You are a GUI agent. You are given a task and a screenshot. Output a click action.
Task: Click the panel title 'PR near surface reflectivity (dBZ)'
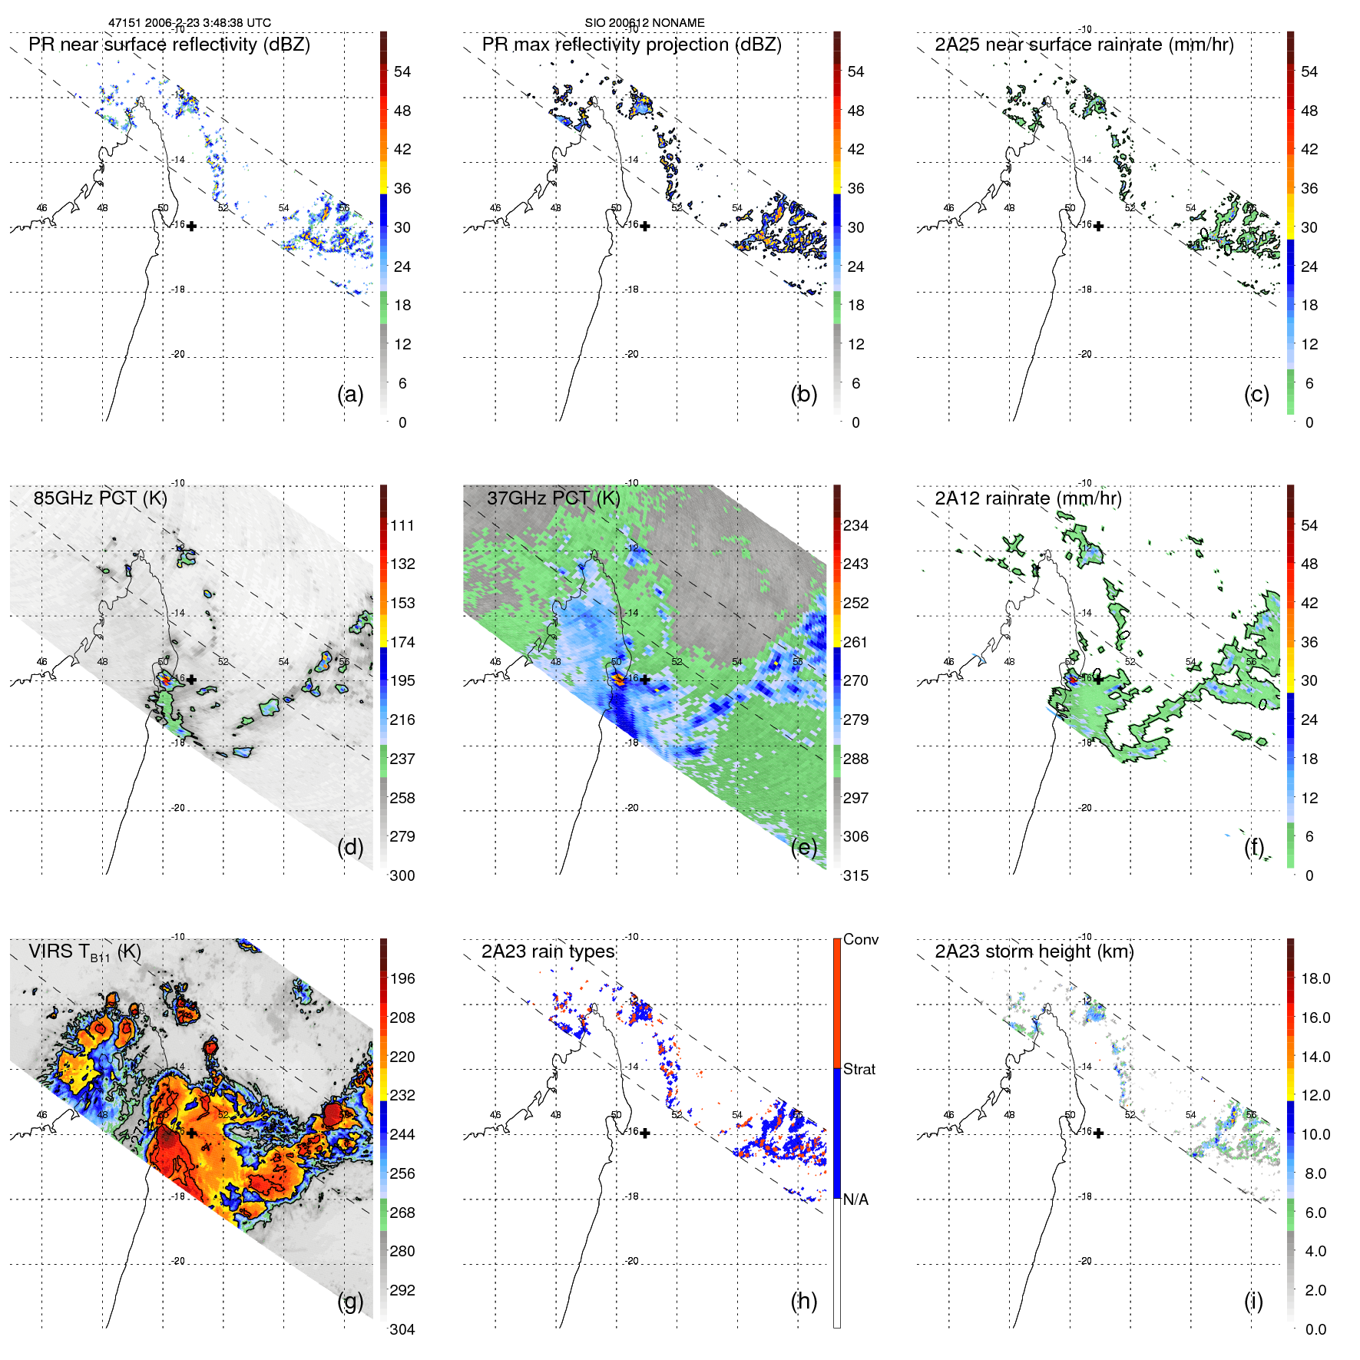pyautogui.click(x=169, y=45)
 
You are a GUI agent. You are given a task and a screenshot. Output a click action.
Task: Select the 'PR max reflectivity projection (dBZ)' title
pyautogui.click(x=631, y=45)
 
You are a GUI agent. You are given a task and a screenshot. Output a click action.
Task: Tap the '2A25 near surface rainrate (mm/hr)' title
pyautogui.click(x=1084, y=45)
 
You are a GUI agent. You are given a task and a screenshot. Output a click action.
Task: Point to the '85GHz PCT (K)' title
pyautogui.click(x=100, y=498)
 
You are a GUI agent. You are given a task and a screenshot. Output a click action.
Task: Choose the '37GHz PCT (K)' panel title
pyautogui.click(x=553, y=498)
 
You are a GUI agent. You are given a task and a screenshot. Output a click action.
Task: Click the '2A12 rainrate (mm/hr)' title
pyautogui.click(x=1027, y=498)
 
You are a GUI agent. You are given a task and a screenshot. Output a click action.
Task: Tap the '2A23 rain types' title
pyautogui.click(x=548, y=951)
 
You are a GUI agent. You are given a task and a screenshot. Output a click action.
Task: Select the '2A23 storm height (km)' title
pyautogui.click(x=1034, y=951)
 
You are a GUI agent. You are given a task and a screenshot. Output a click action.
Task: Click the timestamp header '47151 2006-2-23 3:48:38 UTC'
pyautogui.click(x=189, y=23)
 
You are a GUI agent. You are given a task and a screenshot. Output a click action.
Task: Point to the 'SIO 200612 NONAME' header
pyautogui.click(x=644, y=23)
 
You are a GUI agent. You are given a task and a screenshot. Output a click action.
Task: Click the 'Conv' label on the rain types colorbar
pyautogui.click(x=860, y=939)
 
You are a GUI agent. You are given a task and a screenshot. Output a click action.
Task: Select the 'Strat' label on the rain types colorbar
pyautogui.click(x=859, y=1069)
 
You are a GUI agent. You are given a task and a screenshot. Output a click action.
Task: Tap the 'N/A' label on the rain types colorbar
pyautogui.click(x=855, y=1200)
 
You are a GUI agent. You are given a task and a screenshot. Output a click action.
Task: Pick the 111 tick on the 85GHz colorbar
pyautogui.click(x=402, y=525)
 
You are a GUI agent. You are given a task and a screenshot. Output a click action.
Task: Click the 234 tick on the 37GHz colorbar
pyautogui.click(x=855, y=525)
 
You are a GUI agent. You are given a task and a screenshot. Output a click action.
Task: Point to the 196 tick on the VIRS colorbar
pyautogui.click(x=402, y=978)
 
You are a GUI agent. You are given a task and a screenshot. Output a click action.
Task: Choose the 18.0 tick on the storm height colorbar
pyautogui.click(x=1315, y=978)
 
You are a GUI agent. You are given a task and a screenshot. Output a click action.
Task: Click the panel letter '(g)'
pyautogui.click(x=350, y=1301)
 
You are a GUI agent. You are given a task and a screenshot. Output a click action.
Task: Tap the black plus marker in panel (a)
pyautogui.click(x=191, y=227)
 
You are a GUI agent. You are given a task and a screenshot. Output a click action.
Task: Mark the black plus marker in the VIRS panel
pyautogui.click(x=191, y=1133)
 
